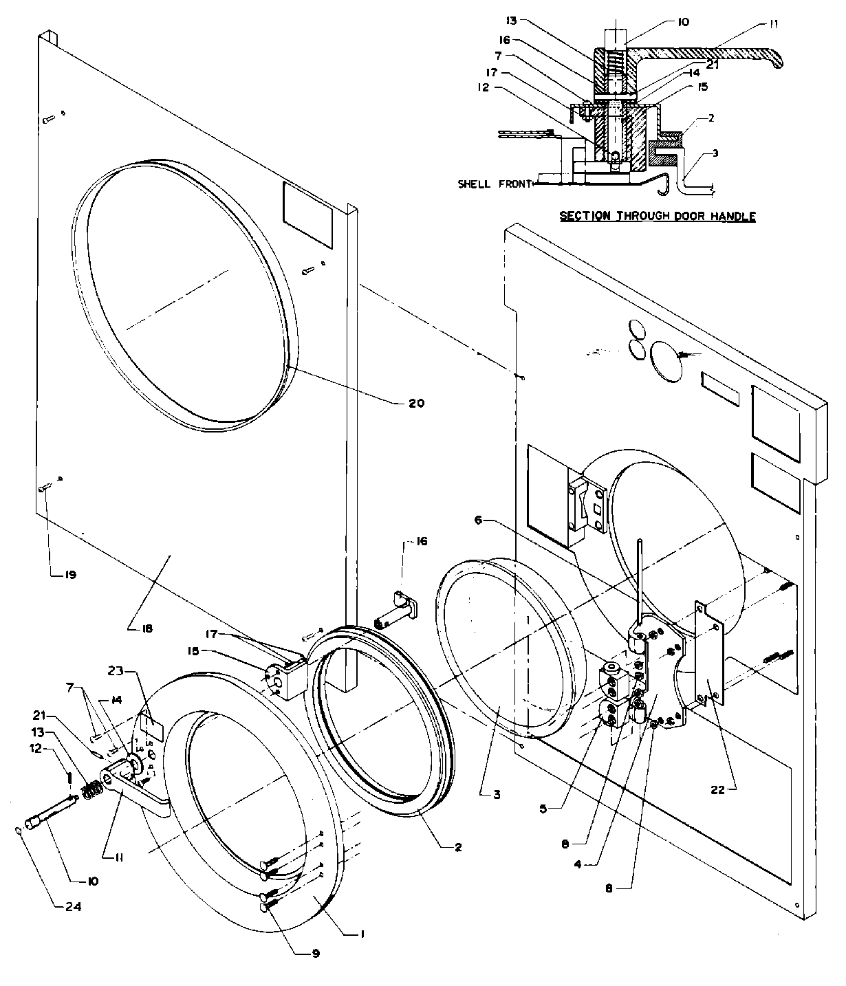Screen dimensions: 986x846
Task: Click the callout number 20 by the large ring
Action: (417, 404)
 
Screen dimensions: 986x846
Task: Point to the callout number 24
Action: (72, 906)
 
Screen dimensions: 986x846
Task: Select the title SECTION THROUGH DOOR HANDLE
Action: (657, 217)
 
